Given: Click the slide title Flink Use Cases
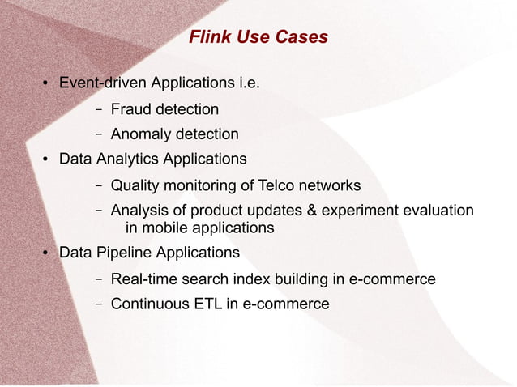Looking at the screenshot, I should (258, 37).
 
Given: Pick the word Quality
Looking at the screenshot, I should (135, 186).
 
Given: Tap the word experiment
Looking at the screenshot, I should (360, 211).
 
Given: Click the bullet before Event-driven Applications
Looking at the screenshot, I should (47, 83).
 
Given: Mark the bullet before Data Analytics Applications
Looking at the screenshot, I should (47, 159).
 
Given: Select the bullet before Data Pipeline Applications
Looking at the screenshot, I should (47, 253).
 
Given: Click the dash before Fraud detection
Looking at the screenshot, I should (98, 108).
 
